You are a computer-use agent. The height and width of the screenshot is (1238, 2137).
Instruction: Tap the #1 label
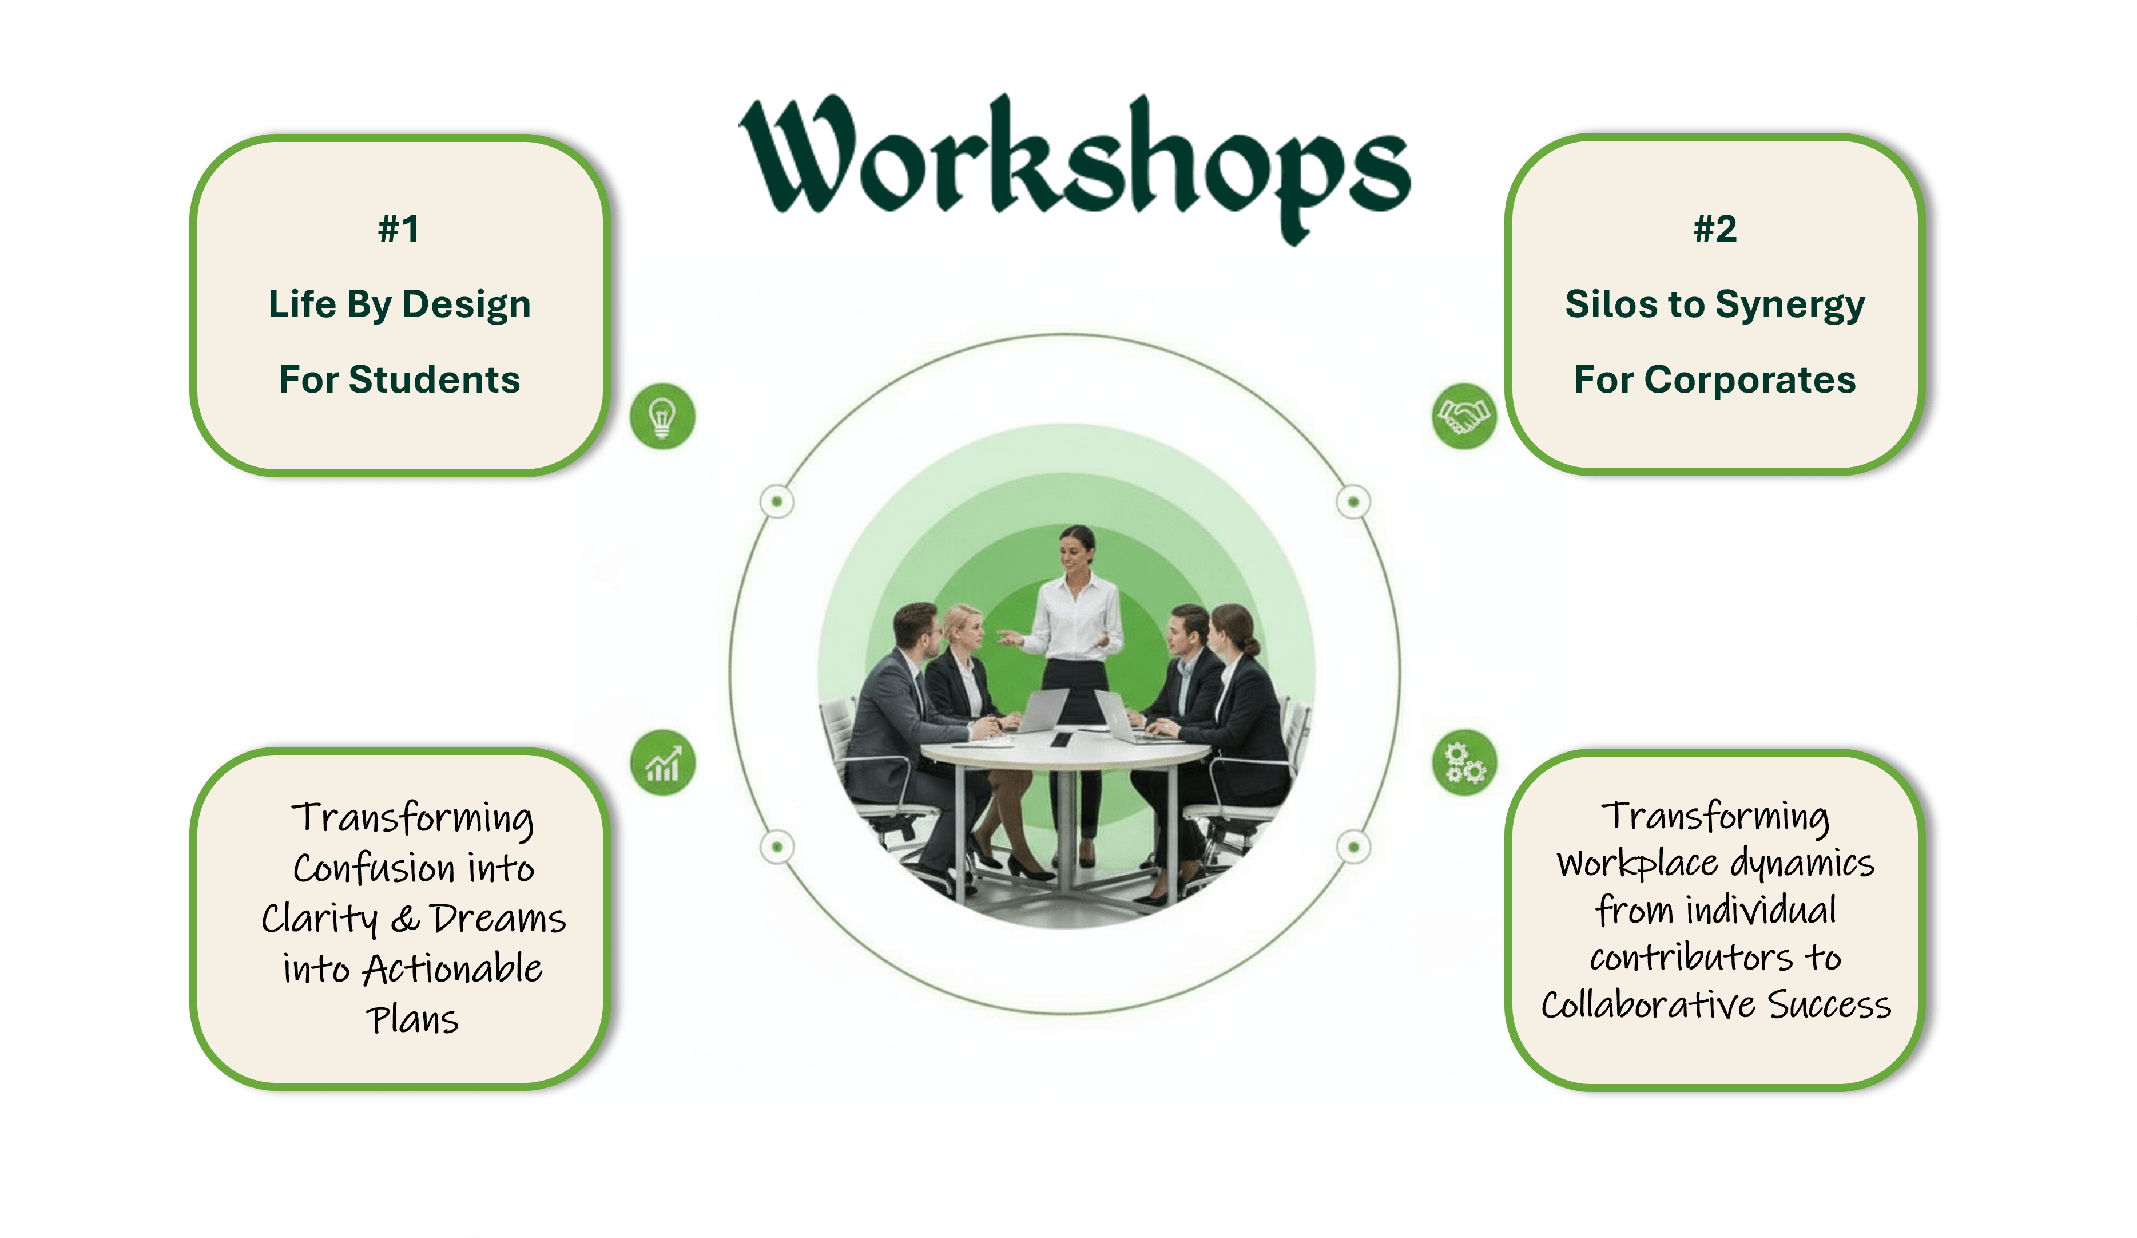tap(399, 229)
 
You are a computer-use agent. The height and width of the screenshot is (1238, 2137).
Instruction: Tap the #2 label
tap(1715, 229)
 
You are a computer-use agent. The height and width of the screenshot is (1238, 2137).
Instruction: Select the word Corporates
tap(1749, 380)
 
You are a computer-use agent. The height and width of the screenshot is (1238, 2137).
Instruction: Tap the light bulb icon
tap(662, 417)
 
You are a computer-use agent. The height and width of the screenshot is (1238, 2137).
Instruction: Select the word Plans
tap(412, 1020)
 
